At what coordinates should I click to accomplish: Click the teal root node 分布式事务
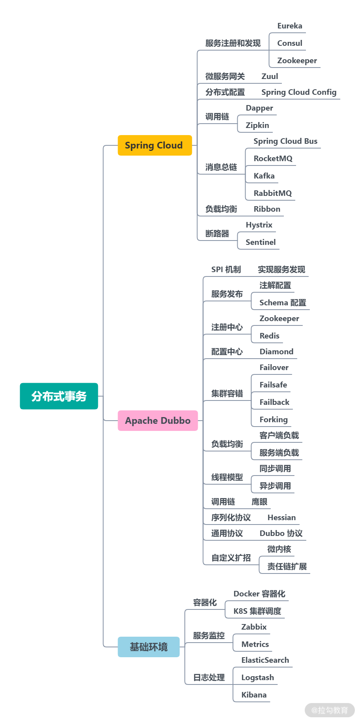[59, 396]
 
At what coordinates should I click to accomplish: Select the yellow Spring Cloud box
[154, 145]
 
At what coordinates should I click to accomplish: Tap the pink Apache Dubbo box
[157, 421]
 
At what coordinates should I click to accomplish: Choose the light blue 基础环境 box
[148, 647]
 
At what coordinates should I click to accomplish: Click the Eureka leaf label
[289, 26]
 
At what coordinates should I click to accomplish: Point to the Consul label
[289, 43]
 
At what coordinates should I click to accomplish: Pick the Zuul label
[270, 77]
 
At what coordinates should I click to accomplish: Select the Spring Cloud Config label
[299, 92]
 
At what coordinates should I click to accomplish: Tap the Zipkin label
[257, 126]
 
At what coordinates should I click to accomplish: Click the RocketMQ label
[273, 159]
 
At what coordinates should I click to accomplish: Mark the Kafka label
[264, 176]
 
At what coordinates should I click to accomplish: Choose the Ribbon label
[267, 209]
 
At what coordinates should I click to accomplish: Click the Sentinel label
[261, 243]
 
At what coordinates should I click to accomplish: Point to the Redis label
[269, 336]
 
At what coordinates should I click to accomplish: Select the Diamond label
[276, 352]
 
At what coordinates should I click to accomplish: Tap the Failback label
[274, 402]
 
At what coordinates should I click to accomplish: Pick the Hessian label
[281, 518]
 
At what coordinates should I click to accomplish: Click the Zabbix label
[254, 627]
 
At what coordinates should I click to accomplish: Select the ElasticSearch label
[265, 660]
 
